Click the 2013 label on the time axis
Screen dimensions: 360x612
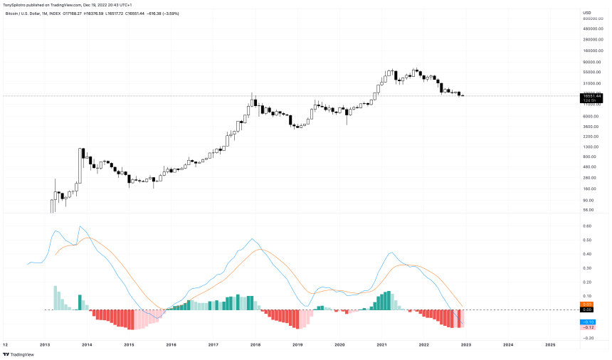point(44,344)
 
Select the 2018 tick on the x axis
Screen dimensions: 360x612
point(255,344)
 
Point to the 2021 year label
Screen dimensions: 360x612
point(382,344)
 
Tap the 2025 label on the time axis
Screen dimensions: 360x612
point(550,344)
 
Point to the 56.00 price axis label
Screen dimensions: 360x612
point(588,210)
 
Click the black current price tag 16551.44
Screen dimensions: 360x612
point(591,95)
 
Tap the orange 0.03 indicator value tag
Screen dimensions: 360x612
point(588,305)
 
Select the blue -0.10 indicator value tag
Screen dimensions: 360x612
point(588,322)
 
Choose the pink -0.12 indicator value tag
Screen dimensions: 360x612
point(588,327)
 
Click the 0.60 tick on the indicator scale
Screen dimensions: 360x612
point(587,226)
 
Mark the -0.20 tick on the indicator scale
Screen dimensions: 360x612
point(588,338)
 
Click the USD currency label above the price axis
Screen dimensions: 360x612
point(586,12)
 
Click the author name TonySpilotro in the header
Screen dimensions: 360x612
point(19,4)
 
